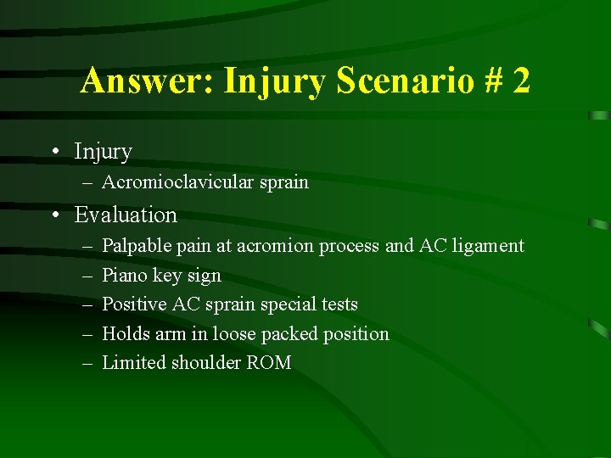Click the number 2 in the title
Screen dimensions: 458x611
(521, 81)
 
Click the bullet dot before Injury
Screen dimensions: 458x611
(53, 152)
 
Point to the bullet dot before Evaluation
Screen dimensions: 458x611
(53, 215)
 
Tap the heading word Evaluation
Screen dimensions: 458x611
(126, 215)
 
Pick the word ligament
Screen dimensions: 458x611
(486, 246)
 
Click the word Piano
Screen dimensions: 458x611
(125, 276)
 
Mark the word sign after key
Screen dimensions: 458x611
(204, 276)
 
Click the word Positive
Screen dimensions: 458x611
(134, 304)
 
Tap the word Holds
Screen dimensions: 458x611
(125, 334)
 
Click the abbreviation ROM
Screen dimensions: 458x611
(271, 363)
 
